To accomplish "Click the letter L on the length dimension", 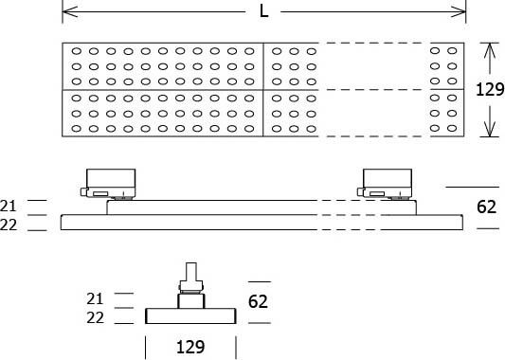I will pyautogui.click(x=262, y=12).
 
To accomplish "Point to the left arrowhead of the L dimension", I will pyautogui.click(x=67, y=12).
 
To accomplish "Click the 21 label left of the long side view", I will pyautogui.click(x=9, y=205).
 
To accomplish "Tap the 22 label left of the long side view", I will pyautogui.click(x=9, y=224).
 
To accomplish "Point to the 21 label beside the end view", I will pyautogui.click(x=95, y=298).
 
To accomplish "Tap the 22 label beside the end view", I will pyautogui.click(x=95, y=318).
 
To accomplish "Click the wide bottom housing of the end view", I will pyautogui.click(x=189, y=315).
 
